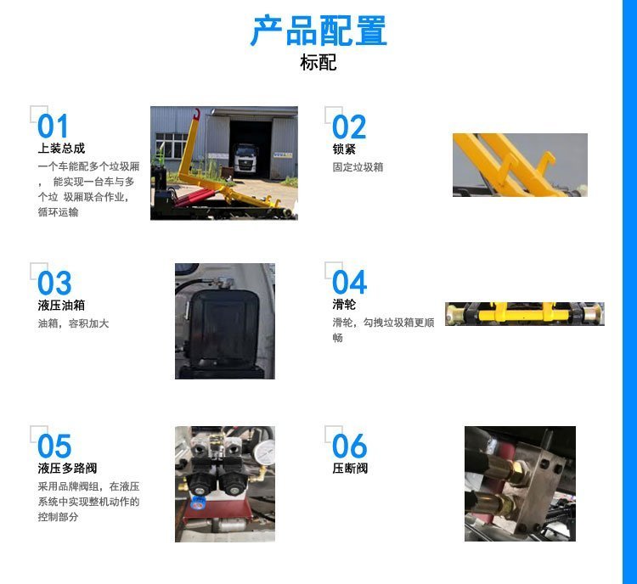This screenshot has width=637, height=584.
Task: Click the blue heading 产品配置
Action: (318, 31)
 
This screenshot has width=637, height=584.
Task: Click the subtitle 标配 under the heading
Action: (318, 63)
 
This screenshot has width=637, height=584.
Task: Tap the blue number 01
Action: (53, 126)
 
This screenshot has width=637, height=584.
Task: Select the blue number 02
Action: (349, 126)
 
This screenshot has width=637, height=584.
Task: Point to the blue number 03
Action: (54, 283)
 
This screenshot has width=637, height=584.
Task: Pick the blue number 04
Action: (349, 283)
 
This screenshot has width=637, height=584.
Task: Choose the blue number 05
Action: (54, 446)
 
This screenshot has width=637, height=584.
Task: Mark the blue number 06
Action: (349, 446)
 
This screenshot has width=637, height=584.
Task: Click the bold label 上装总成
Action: (61, 149)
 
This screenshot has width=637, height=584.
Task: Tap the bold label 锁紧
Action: (344, 149)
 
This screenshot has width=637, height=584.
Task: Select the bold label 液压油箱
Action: (61, 305)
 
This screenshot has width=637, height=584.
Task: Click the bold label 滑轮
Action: (344, 304)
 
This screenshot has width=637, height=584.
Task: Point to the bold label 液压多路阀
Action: (67, 469)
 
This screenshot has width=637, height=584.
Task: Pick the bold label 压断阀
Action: (350, 469)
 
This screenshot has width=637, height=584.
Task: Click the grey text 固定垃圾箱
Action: (358, 167)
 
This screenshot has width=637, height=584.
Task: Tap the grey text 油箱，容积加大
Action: (74, 323)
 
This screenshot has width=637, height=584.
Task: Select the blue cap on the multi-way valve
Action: (198, 503)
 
